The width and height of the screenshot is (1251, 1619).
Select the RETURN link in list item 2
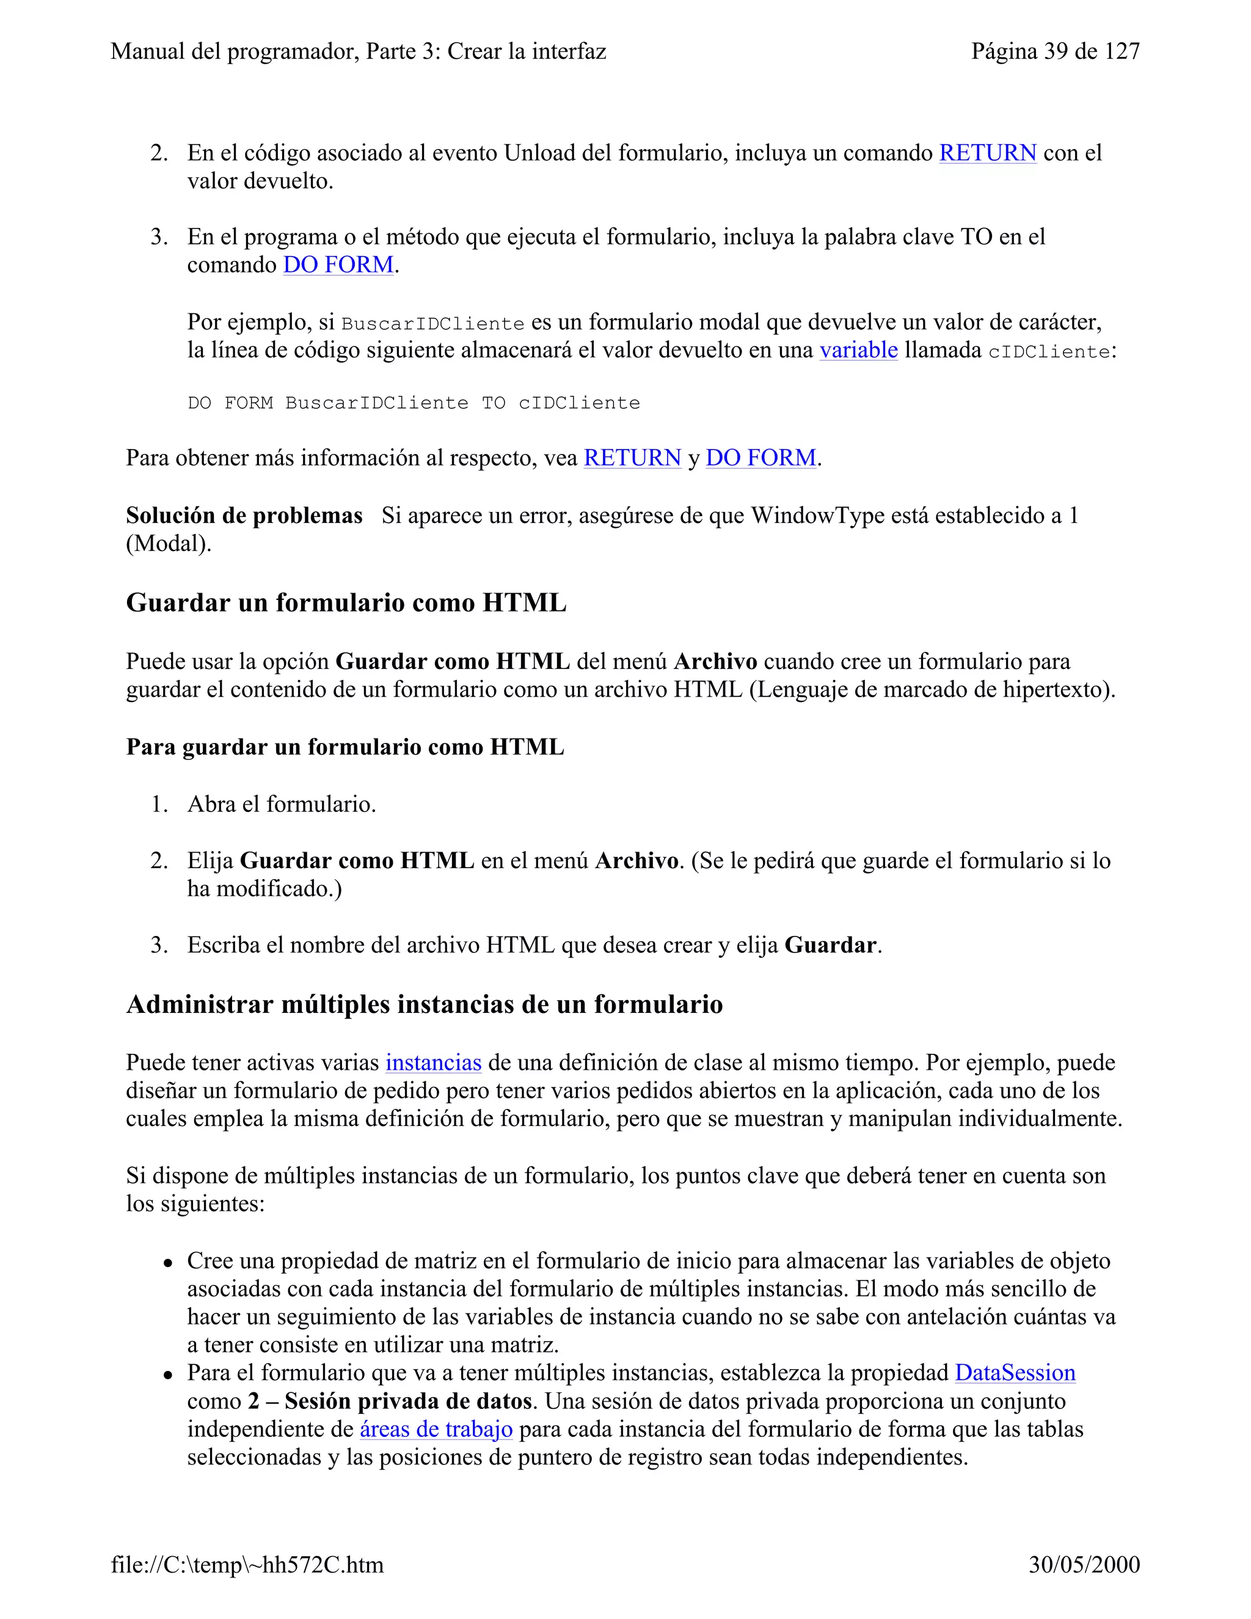click(x=987, y=153)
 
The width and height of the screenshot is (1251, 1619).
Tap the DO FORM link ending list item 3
click(x=338, y=265)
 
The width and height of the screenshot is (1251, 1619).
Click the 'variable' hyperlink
click(x=858, y=350)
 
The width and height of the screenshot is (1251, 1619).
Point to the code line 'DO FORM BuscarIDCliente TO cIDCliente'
click(x=414, y=403)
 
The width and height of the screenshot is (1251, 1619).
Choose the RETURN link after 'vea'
click(x=632, y=458)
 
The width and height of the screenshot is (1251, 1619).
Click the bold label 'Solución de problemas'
click(x=244, y=515)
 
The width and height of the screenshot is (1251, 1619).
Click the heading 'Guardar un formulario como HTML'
click(x=346, y=602)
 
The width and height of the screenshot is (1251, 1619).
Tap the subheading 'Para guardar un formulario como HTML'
click(x=345, y=747)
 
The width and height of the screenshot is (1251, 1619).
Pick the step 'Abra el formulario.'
click(x=282, y=803)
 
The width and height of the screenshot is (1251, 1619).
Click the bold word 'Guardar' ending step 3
click(x=830, y=945)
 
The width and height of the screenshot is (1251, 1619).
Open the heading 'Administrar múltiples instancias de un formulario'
click(x=424, y=1004)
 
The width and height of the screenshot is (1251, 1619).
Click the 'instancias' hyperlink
click(x=433, y=1062)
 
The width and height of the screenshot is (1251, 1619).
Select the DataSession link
click(x=1015, y=1372)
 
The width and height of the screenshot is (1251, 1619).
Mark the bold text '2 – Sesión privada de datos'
click(x=390, y=1401)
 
